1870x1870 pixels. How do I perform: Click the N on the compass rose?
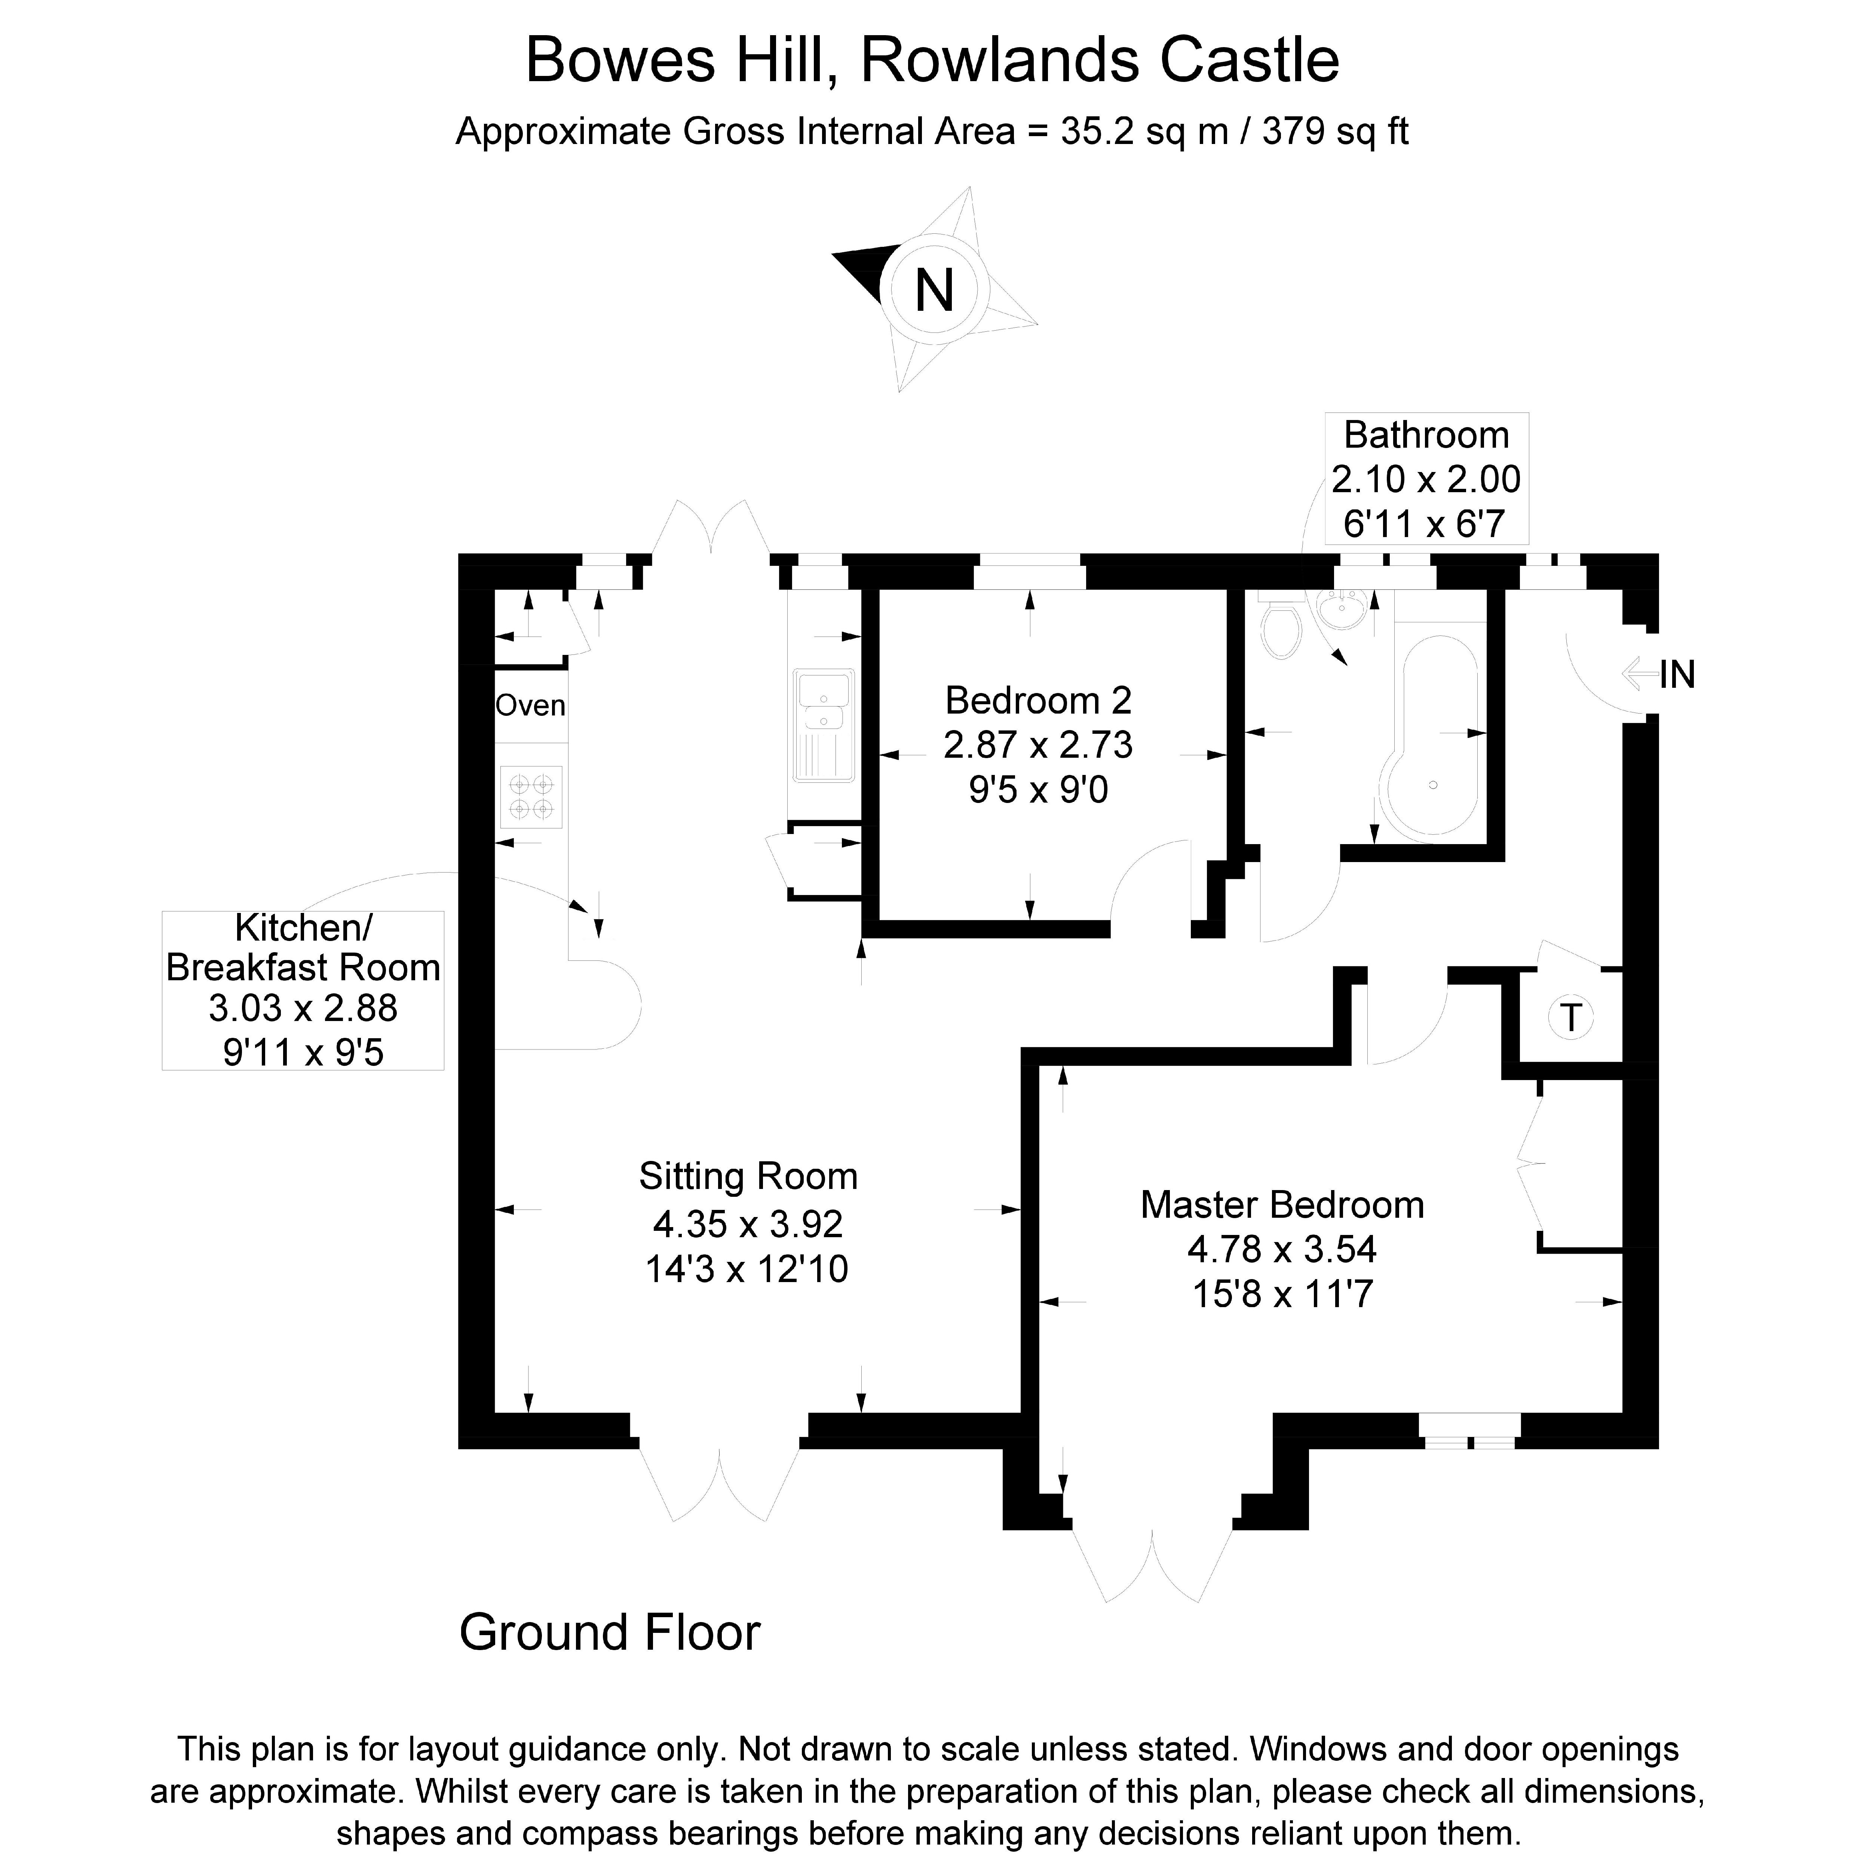click(x=934, y=290)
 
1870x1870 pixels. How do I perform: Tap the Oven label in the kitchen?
click(x=530, y=706)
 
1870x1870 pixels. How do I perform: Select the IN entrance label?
click(x=1677, y=675)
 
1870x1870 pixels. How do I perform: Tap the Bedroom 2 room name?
click(x=1039, y=700)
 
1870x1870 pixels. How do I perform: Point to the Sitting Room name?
click(x=748, y=1176)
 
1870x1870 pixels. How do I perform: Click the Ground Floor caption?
click(x=610, y=1633)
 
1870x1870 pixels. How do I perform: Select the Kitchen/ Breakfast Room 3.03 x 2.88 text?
click(x=303, y=1009)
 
